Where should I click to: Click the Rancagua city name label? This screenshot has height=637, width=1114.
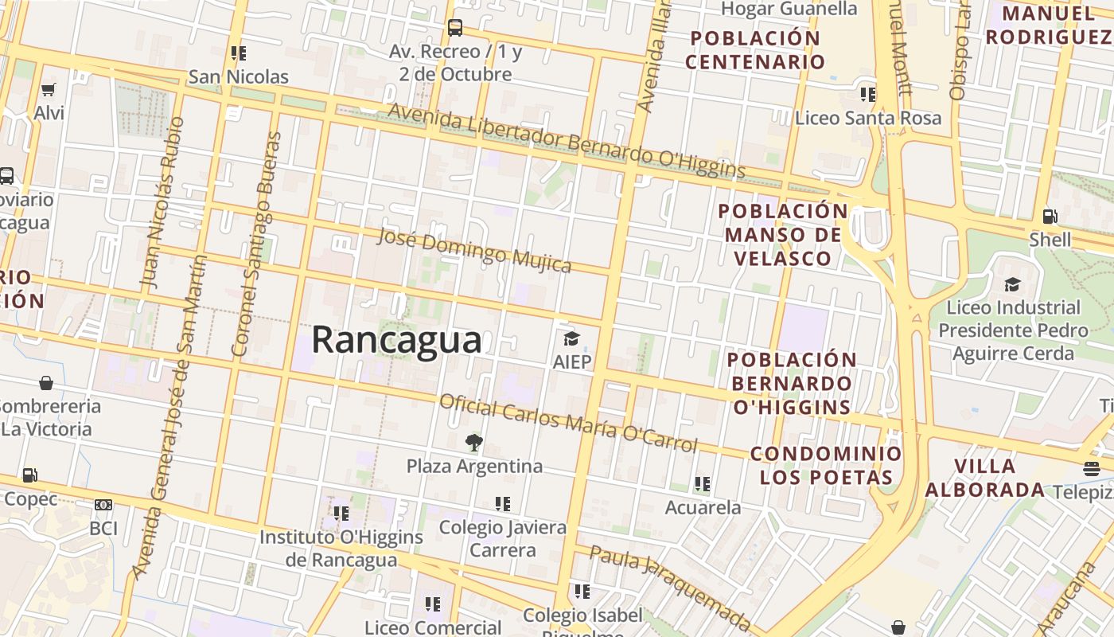(x=396, y=340)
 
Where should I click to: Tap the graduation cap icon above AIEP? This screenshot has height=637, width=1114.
(x=571, y=339)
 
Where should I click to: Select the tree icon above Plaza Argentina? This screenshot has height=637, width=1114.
(x=474, y=443)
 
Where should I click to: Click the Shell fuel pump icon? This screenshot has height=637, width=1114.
(x=1050, y=217)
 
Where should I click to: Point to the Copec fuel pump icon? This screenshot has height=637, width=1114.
(x=30, y=475)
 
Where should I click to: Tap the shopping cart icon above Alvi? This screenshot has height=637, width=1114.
(x=49, y=89)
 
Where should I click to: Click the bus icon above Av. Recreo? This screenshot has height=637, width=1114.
(x=455, y=28)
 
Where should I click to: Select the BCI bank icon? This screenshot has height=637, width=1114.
(x=103, y=505)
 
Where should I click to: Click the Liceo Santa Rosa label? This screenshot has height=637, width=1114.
(x=868, y=118)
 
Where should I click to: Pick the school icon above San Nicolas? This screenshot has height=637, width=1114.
(x=238, y=53)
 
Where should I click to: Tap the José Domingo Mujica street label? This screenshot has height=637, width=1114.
(x=473, y=249)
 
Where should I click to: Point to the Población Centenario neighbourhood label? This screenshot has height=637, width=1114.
(x=754, y=49)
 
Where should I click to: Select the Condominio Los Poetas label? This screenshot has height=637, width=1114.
(x=826, y=466)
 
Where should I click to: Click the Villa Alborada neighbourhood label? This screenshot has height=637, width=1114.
(x=985, y=478)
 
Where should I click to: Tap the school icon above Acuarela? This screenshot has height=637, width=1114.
(x=702, y=484)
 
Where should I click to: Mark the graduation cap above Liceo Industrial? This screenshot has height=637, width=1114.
(x=1012, y=284)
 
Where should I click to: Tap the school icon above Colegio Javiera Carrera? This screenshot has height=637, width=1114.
(x=502, y=504)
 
